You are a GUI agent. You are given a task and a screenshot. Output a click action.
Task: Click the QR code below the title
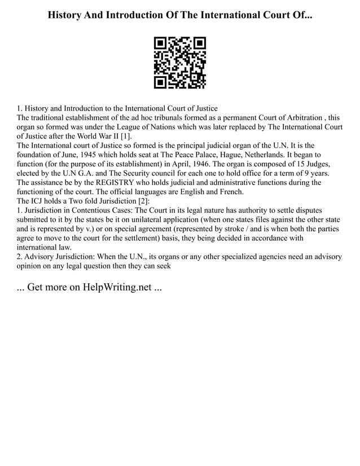pos(180,63)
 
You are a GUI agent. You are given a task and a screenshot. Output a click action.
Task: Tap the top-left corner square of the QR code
pos(160,43)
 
